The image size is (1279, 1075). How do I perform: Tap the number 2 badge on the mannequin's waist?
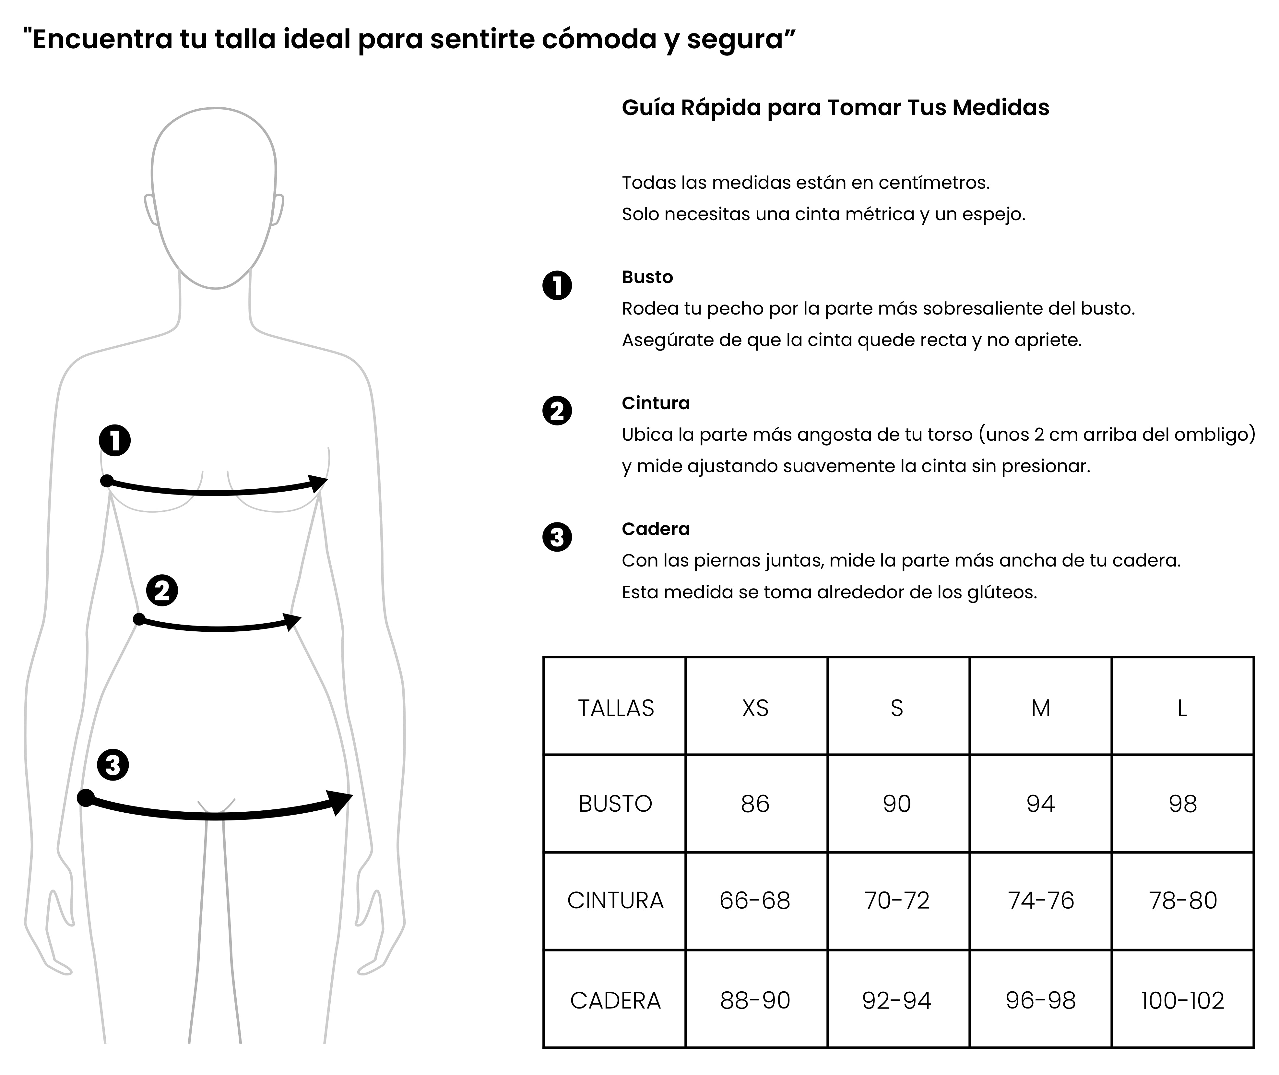[162, 591]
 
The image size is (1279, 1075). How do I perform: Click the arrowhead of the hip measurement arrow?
[340, 801]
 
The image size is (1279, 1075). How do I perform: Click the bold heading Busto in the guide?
[647, 277]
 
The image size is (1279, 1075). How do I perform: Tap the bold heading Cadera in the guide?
[656, 529]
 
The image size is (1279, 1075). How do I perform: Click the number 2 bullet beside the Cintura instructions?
[557, 411]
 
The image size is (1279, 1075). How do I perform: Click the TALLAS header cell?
[615, 708]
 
